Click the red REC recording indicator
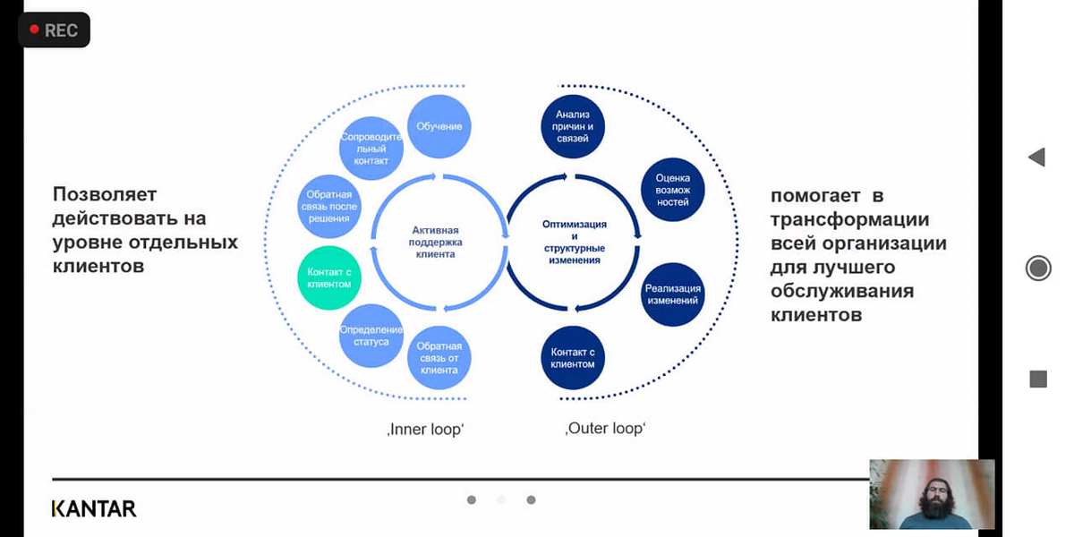54,30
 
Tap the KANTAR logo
94,508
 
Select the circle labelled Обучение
439,126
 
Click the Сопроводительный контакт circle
371,149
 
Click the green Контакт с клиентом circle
328,277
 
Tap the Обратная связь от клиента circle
439,358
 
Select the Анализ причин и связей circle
573,126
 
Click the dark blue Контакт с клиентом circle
573,358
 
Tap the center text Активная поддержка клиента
436,242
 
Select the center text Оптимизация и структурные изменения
575,242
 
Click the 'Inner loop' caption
426,430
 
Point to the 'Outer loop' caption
605,429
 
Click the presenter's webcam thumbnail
932,494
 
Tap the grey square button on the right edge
1038,379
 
